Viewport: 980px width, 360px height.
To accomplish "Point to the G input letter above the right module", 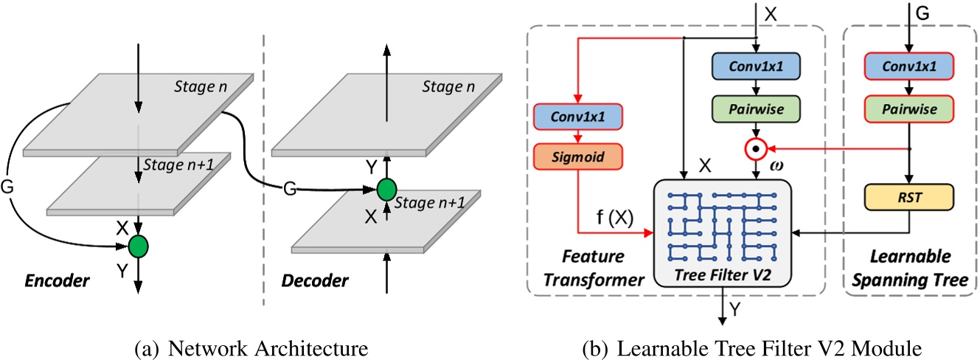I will pos(923,13).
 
